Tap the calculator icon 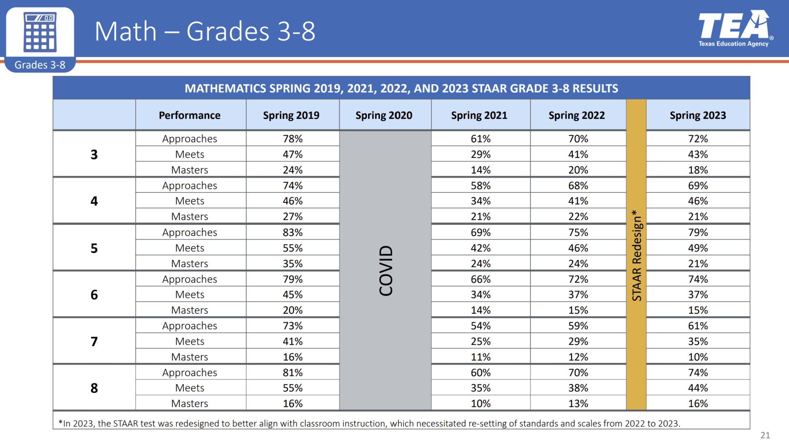coord(40,32)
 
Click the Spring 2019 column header coord(291,115)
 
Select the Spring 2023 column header coord(697,115)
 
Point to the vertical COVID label coord(386,270)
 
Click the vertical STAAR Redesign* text coord(636,255)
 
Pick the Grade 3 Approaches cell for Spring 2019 coord(293,139)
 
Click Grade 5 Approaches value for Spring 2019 coord(293,232)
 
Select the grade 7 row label coord(94,341)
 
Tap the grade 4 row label coord(94,201)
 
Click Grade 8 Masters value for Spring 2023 coord(698,403)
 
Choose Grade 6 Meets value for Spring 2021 coord(480,294)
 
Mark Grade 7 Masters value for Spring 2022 coord(578,357)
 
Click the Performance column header coord(189,115)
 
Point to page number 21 coord(765,435)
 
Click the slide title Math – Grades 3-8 coord(205,31)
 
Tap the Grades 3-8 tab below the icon coord(40,65)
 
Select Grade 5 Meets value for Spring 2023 coord(698,248)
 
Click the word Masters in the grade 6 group coord(189,310)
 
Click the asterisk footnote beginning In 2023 coord(369,423)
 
